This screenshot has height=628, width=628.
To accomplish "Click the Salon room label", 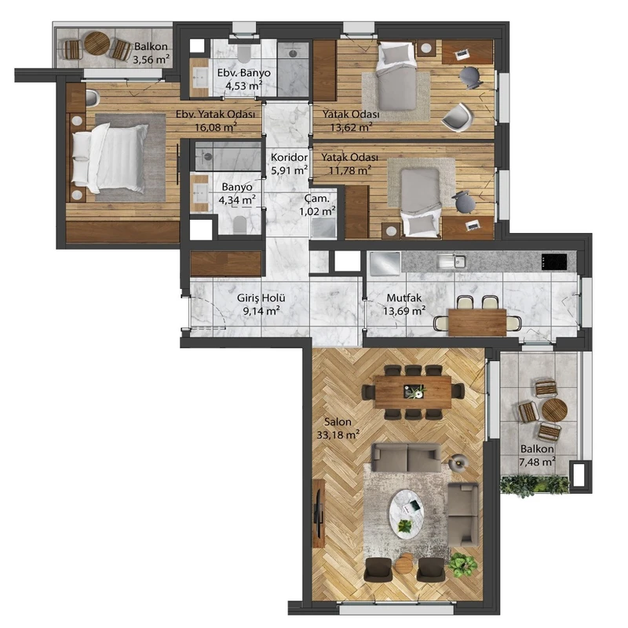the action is (338, 422).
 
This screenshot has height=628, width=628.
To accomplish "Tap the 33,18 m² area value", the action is (338, 434).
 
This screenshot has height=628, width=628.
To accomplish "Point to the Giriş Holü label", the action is (261, 298).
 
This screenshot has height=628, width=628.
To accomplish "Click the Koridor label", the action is (289, 158).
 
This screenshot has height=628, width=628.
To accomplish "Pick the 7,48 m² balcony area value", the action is (537, 462).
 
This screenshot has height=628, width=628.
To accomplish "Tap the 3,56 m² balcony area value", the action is (151, 60).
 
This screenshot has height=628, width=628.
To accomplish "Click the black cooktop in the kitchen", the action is (554, 261).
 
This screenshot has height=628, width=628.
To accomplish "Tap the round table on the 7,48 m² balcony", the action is (555, 411).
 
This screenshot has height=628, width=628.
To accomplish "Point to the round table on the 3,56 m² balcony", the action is (97, 44).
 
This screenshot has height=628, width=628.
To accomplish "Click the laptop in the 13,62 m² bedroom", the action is (462, 53).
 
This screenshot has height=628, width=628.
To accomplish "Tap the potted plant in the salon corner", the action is (462, 564).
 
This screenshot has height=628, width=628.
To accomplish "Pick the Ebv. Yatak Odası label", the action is (215, 114).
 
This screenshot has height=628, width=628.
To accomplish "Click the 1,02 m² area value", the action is (318, 210).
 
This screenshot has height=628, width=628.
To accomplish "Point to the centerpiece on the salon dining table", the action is (414, 391).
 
